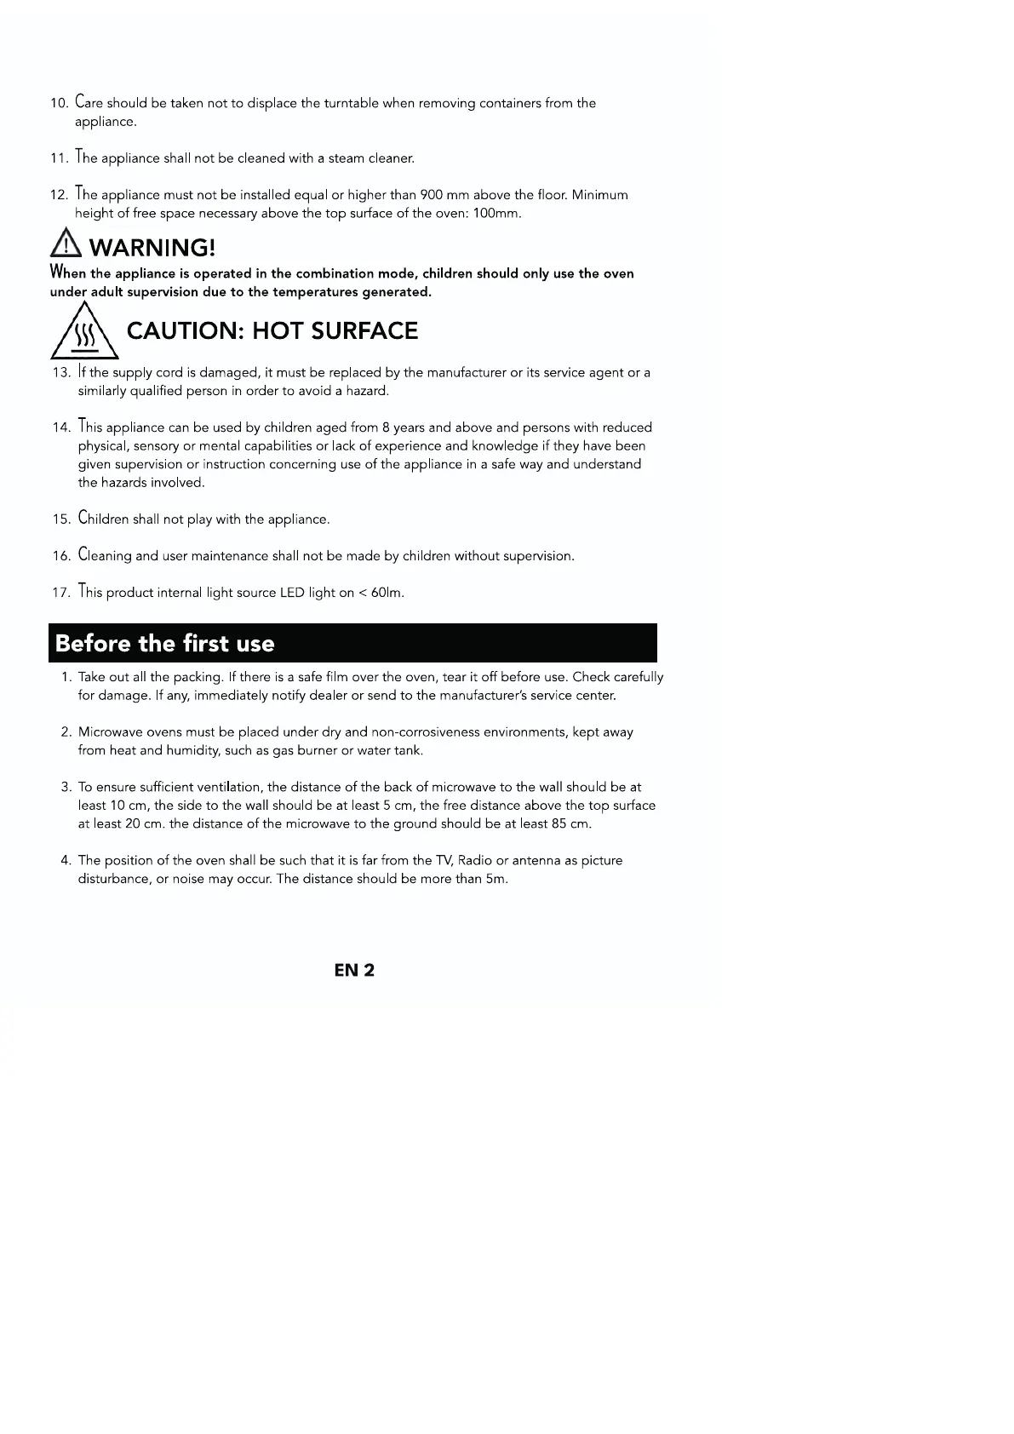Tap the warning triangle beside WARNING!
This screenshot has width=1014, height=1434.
65,246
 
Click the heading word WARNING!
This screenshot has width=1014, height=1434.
152,248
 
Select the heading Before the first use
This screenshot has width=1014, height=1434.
165,643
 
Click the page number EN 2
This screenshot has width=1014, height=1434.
354,970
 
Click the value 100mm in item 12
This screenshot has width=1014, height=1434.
496,214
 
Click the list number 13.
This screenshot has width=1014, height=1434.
61,373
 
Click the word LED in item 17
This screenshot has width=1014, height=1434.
292,593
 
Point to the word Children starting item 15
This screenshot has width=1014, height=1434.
103,519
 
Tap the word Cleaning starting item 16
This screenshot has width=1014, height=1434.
105,555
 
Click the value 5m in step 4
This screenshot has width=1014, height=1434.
496,879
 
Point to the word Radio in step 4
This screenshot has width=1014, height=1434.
475,860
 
